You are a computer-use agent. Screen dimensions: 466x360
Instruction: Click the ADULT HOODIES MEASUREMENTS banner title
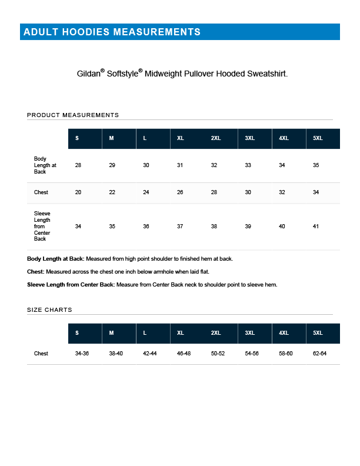tap(112, 32)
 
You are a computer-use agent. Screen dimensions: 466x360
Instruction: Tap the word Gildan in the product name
tap(88, 74)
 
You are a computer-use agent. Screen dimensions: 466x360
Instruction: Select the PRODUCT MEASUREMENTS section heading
tap(73, 115)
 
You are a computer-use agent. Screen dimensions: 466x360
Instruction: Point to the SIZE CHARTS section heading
tap(49, 309)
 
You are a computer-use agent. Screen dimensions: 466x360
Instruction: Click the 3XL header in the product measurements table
tap(250, 138)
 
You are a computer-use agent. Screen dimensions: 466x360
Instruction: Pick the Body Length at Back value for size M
tap(112, 165)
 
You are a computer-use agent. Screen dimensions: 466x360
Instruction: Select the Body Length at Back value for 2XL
tap(214, 165)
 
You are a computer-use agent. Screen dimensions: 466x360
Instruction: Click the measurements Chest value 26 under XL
tap(180, 192)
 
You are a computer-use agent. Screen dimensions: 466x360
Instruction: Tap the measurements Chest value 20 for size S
tap(78, 192)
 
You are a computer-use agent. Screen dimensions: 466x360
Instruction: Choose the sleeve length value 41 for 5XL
tap(316, 227)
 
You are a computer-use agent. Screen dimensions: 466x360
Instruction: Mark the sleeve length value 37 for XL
tap(180, 227)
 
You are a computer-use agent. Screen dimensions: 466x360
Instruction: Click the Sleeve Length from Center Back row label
tap(42, 227)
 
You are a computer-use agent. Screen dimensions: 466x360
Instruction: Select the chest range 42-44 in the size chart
tap(150, 354)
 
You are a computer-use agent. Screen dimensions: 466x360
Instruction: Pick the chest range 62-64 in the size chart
tap(319, 354)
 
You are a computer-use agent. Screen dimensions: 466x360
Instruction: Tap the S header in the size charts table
tap(77, 333)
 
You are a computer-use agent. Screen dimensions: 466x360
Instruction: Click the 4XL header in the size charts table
tap(284, 333)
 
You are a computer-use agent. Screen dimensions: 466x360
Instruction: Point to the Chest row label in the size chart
tap(41, 354)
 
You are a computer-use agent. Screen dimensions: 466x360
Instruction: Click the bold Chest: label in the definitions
tap(35, 272)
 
